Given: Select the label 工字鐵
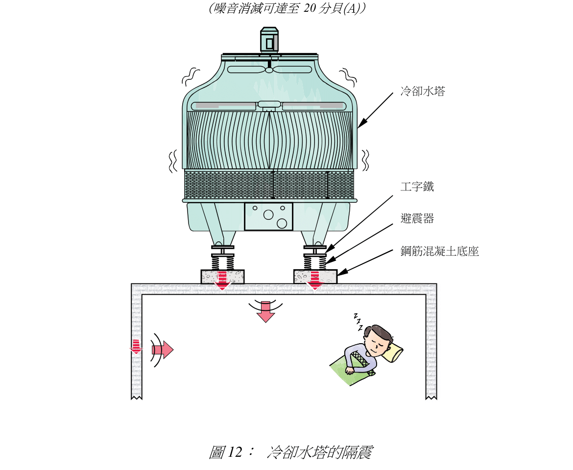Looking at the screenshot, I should click(417, 187).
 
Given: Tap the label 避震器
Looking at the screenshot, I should click(417, 219).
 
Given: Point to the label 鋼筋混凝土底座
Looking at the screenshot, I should click(439, 252).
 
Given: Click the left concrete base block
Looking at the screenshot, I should click(223, 277).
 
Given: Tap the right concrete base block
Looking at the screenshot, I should click(315, 277).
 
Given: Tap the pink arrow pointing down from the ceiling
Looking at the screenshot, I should click(265, 312).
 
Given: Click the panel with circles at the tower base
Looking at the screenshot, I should click(268, 216).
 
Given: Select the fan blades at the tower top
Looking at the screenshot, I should click(269, 70).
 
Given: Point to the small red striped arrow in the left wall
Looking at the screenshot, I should click(136, 346).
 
